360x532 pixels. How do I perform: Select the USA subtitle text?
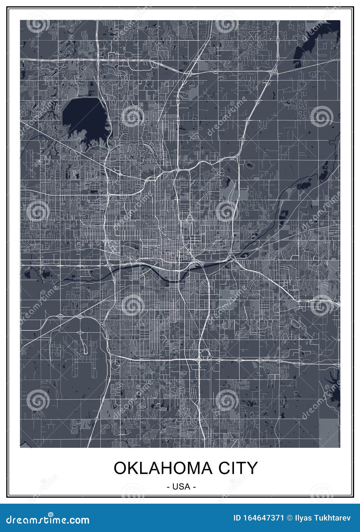[181, 486]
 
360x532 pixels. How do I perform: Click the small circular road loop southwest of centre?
[115, 365]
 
